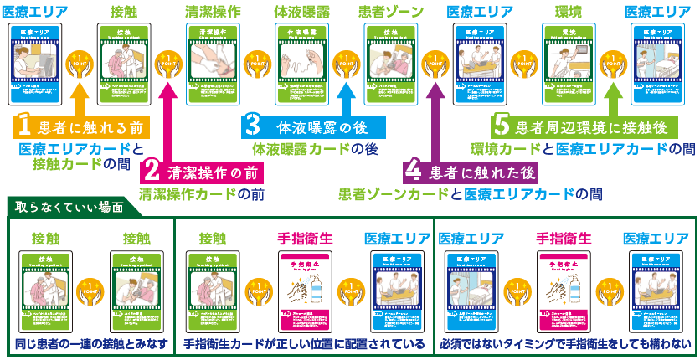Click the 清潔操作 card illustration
[212, 63]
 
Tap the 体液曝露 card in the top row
[301, 63]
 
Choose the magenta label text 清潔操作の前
[209, 172]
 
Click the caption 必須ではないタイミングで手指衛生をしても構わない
[566, 344]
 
